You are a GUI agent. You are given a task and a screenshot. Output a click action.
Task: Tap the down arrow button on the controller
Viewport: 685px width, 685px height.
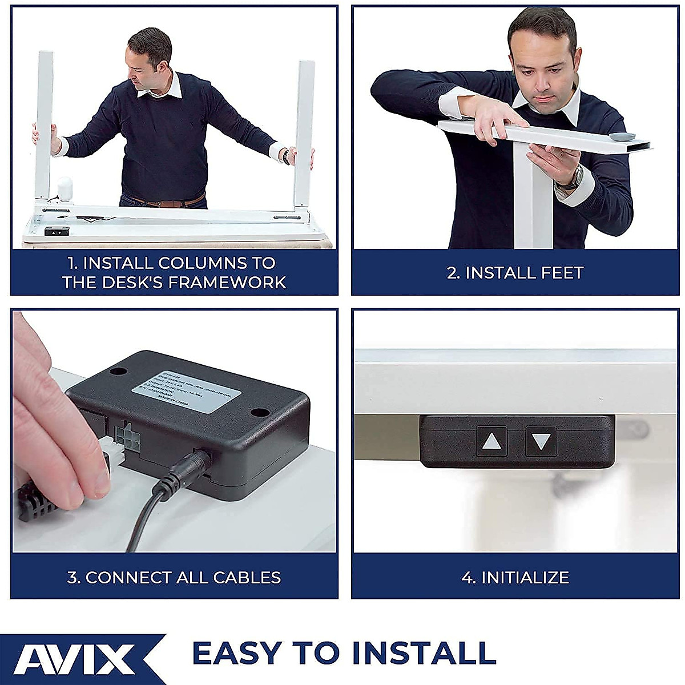541,441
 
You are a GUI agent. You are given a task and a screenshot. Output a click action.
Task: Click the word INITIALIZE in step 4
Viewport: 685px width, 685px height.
525,577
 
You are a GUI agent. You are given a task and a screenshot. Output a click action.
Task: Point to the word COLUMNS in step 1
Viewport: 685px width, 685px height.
202,263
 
